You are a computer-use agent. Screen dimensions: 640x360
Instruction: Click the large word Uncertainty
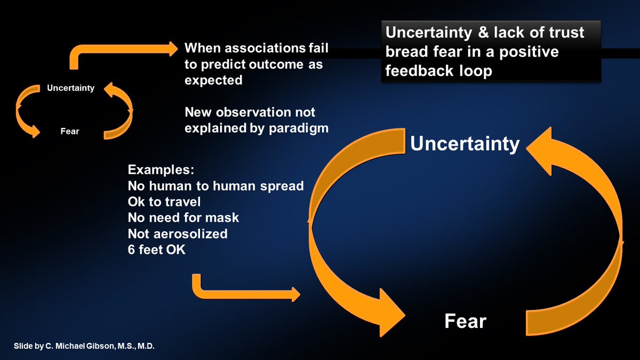[465, 144]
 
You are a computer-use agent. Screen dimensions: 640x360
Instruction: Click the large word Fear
[466, 321]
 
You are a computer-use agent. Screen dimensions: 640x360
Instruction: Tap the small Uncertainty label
[70, 88]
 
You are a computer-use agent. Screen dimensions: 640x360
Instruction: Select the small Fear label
[70, 131]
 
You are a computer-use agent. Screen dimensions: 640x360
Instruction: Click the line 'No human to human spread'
[215, 187]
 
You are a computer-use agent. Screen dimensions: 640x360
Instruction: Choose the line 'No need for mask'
[183, 218]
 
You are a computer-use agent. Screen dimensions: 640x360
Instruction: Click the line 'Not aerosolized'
[178, 234]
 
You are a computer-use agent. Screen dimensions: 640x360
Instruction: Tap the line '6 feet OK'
[157, 249]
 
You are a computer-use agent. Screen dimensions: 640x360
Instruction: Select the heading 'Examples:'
[161, 171]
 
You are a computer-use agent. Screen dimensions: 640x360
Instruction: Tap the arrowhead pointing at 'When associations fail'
[171, 50]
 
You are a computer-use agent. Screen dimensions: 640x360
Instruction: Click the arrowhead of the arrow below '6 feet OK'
[293, 293]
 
